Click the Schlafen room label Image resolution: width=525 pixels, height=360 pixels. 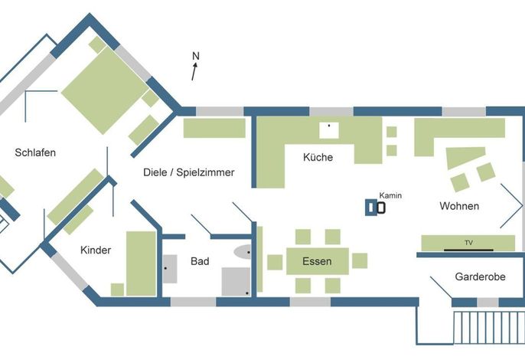coord(35,153)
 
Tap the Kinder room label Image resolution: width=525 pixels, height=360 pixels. coord(96,250)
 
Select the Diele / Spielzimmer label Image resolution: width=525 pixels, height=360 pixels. coord(189,172)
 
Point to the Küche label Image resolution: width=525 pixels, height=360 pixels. coord(318,157)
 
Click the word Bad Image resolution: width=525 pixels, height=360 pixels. coord(200,261)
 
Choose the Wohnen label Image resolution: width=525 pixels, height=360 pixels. coord(459,206)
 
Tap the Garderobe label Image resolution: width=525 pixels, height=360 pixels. coord(480,277)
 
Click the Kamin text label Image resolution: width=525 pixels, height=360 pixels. coord(390,195)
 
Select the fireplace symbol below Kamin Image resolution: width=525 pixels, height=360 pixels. coord(375,208)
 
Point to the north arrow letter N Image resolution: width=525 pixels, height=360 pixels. coord(196,56)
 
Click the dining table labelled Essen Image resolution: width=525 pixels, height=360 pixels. coord(318,261)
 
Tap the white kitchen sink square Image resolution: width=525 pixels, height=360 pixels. coord(329,130)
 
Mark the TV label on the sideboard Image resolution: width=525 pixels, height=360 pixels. coord(468,243)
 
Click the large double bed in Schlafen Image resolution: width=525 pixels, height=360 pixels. coord(105,90)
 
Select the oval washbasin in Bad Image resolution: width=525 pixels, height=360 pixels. coord(243,252)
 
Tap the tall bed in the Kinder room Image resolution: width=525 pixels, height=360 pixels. coord(141,263)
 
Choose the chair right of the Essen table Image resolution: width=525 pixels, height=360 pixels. coord(360,260)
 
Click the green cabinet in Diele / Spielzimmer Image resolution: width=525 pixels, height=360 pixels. coord(214,128)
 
